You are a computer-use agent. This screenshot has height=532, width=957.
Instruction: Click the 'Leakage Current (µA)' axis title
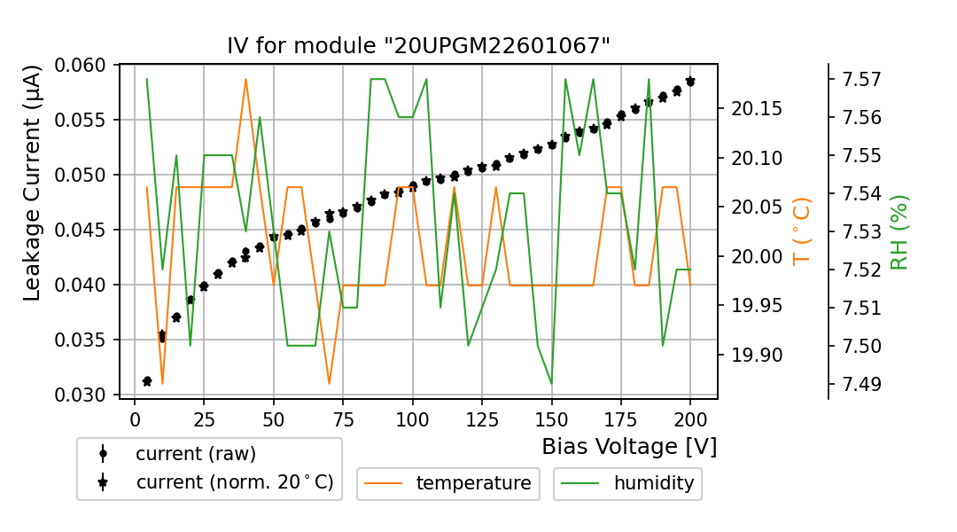tap(33, 183)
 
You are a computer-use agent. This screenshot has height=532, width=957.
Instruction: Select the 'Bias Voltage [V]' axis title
tap(629, 446)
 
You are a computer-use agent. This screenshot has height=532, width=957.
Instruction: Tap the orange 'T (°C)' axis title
tap(802, 231)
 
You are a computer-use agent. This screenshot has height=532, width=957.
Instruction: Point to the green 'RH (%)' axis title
tap(899, 231)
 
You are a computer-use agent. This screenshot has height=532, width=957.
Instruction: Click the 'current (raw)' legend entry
tap(195, 454)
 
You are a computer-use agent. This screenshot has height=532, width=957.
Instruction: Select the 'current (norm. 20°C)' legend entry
tap(234, 482)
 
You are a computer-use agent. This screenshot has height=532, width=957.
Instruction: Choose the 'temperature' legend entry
tap(473, 483)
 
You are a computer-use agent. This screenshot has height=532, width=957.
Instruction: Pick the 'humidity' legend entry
tap(653, 483)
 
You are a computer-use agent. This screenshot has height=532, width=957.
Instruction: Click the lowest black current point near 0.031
tap(147, 381)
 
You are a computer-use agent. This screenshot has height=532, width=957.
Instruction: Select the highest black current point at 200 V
tap(690, 81)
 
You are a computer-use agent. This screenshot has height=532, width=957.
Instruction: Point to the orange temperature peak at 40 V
tap(245, 79)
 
